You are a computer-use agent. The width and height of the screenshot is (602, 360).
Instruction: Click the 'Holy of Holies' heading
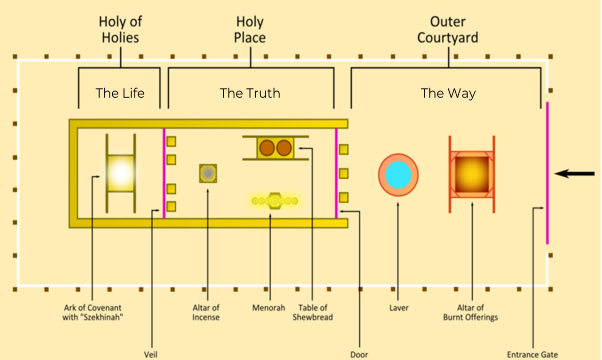click(x=120, y=30)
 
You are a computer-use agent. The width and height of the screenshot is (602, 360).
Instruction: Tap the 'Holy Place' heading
click(x=250, y=30)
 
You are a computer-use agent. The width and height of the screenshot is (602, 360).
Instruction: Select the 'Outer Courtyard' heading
click(x=448, y=30)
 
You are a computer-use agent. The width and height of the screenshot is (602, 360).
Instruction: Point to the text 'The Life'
click(x=120, y=93)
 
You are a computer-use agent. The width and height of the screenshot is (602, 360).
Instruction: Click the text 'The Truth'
click(x=250, y=93)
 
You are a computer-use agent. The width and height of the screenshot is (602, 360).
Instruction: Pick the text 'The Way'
click(x=448, y=93)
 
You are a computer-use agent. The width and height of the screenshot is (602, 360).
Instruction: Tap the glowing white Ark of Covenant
click(x=121, y=173)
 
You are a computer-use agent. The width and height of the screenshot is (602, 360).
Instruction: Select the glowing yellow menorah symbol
click(x=275, y=201)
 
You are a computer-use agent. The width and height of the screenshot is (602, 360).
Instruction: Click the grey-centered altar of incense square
click(x=208, y=173)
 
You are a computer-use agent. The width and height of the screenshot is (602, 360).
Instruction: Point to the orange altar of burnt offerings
click(x=472, y=174)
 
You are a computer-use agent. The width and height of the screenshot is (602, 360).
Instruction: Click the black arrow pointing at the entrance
click(x=575, y=174)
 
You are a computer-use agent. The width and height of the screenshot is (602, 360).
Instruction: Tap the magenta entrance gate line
click(x=547, y=173)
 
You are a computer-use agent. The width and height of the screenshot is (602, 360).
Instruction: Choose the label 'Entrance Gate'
click(x=533, y=355)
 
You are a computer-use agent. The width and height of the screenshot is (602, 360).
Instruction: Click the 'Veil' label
click(x=151, y=355)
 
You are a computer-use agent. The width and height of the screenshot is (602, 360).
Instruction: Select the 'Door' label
click(x=359, y=355)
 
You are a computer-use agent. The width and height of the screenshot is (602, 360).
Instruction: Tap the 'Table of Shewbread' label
click(x=313, y=312)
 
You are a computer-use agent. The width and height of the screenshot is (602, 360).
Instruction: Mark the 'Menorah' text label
click(x=269, y=308)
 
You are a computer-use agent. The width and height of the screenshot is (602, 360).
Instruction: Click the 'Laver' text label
click(x=399, y=308)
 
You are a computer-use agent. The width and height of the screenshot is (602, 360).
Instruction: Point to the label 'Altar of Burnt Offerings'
click(x=470, y=312)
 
